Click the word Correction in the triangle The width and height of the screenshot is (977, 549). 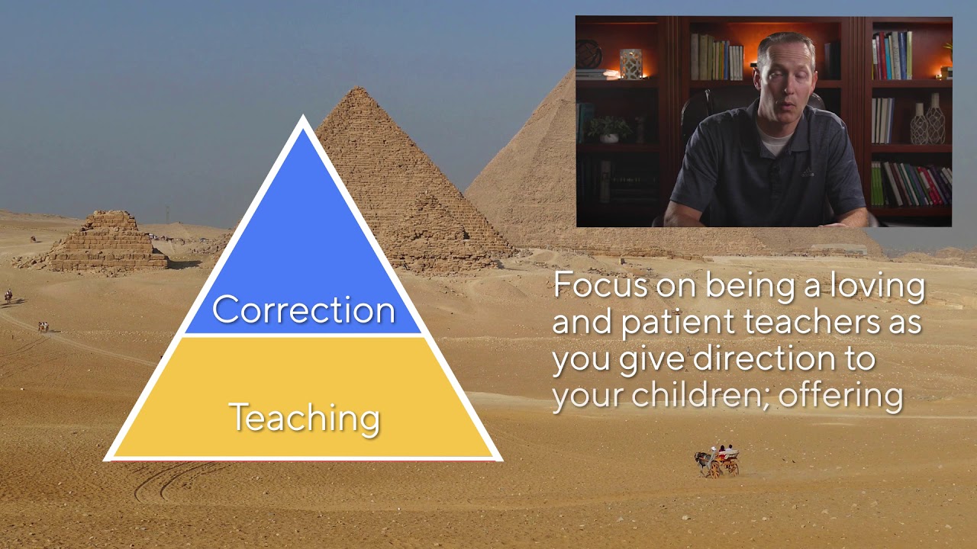click(304, 310)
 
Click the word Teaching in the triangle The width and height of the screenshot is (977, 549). click(304, 418)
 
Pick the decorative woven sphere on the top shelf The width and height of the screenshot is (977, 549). click(588, 54)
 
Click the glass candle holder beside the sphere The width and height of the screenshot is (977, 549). click(630, 64)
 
